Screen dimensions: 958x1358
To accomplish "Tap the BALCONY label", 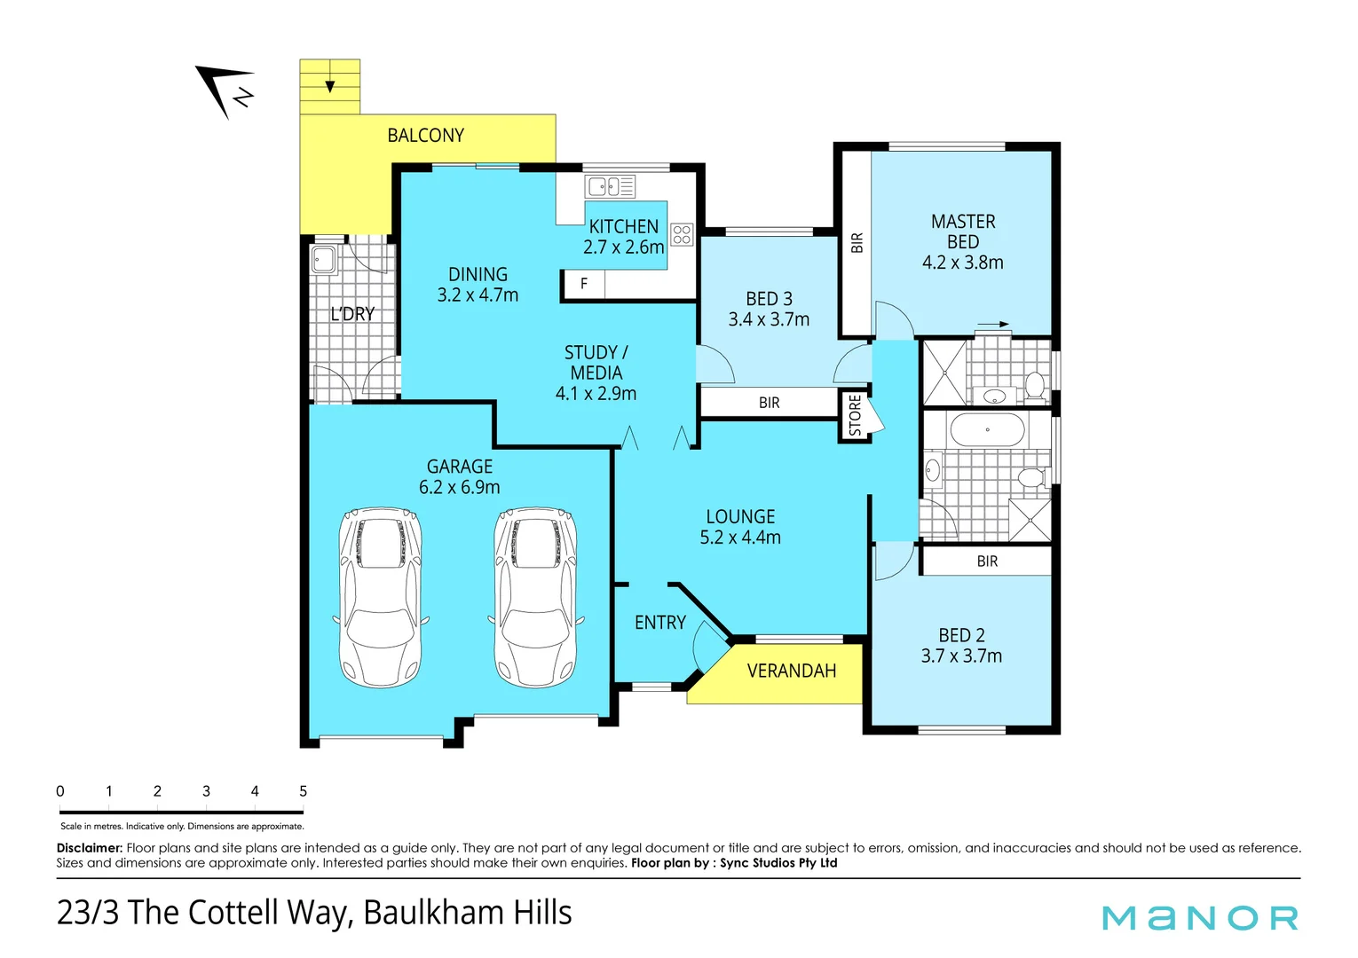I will tap(425, 136).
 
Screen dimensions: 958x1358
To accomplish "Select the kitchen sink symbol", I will tap(611, 186).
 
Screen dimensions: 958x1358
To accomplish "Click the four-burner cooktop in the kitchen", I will tap(682, 234).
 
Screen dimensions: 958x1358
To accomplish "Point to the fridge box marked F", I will tap(583, 284).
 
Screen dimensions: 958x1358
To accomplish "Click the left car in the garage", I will tap(381, 597).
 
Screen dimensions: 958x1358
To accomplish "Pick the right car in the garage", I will tap(535, 597).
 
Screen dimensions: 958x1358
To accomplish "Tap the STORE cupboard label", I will tap(855, 416).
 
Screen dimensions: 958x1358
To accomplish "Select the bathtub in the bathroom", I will tap(987, 430).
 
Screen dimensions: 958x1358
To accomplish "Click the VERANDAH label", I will tap(792, 671).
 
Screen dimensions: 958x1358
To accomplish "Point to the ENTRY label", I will tap(659, 623).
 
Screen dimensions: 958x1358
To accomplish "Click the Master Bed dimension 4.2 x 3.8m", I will tap(962, 263).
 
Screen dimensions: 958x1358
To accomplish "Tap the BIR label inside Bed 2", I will tap(987, 561).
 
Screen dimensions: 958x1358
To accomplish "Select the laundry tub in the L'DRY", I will tap(322, 260).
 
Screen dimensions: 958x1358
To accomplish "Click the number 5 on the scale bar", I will tap(303, 791).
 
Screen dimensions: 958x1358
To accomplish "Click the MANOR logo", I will tap(1200, 918).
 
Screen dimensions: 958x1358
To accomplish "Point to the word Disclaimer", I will tap(89, 848).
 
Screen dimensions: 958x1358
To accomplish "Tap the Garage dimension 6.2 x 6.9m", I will tap(459, 487).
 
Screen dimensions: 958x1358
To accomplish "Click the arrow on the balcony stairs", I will tap(330, 85).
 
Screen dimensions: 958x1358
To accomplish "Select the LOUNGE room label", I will tap(740, 516).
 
